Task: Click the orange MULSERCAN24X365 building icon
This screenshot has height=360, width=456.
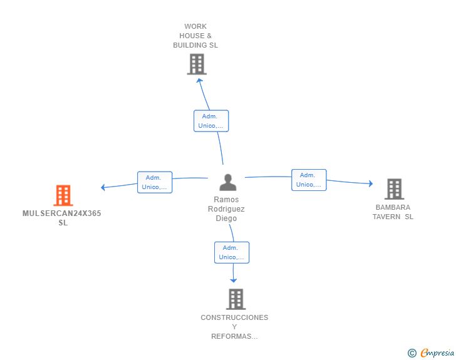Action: (63, 195)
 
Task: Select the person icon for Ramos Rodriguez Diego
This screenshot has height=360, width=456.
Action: (228, 182)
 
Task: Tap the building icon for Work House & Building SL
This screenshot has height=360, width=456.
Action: (197, 64)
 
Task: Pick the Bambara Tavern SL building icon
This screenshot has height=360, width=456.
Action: (394, 188)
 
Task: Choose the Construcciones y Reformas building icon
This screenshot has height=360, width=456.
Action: (236, 299)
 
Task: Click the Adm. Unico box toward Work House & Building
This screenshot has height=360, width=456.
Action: (211, 121)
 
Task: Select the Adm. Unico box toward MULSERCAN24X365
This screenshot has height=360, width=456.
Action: (155, 182)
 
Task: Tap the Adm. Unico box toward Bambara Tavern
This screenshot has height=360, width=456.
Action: (309, 180)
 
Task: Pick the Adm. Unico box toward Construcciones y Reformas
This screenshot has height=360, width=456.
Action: (232, 252)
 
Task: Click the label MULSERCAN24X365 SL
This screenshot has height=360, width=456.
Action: (62, 218)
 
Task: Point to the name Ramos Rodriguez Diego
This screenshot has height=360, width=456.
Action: (226, 209)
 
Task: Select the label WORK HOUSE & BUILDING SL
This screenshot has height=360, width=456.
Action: (195, 36)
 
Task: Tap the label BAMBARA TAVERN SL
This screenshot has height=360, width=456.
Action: (393, 212)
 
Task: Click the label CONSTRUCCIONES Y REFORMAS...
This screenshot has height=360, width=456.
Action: (234, 327)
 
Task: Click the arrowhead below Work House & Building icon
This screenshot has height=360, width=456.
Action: (199, 80)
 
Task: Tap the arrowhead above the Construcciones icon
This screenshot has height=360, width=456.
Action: (234, 280)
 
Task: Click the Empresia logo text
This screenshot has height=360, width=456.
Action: (437, 353)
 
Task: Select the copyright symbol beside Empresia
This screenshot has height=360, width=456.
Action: (412, 353)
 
